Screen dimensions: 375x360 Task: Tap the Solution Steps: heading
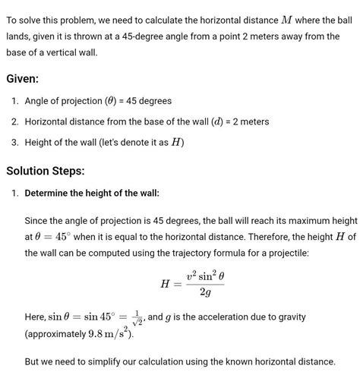(46, 171)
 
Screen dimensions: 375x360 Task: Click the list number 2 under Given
(15, 121)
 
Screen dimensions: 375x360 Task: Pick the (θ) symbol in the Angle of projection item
(119, 101)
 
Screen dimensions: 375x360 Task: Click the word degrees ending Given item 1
(152, 101)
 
